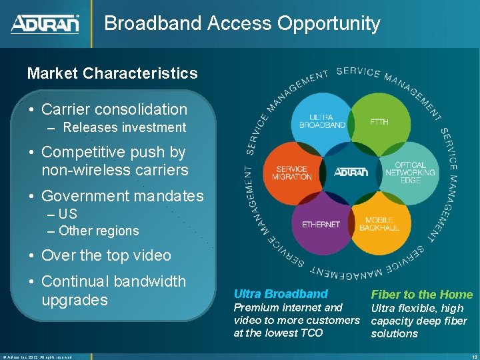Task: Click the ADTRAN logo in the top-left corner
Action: click(45, 25)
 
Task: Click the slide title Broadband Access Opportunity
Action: click(242, 24)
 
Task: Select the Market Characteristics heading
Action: click(112, 73)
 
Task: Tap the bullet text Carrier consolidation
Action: click(114, 109)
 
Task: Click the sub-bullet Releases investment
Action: click(125, 127)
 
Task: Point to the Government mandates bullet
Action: click(122, 196)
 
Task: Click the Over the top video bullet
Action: click(106, 255)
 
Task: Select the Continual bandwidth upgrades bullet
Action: click(113, 291)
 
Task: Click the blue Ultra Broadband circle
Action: click(322, 120)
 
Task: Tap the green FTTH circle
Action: click(379, 122)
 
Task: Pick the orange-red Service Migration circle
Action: click(291, 173)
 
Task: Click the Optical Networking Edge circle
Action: click(410, 173)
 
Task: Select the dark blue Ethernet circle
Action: click(321, 225)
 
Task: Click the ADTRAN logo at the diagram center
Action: click(350, 172)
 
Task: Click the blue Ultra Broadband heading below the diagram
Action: click(281, 294)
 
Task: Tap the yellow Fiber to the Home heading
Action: click(421, 295)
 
